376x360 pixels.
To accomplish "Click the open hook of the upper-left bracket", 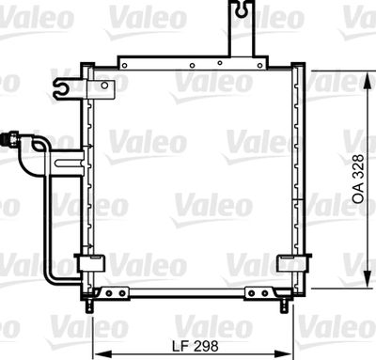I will pos(63,90).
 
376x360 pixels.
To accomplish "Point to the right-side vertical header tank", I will pos(298,179).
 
